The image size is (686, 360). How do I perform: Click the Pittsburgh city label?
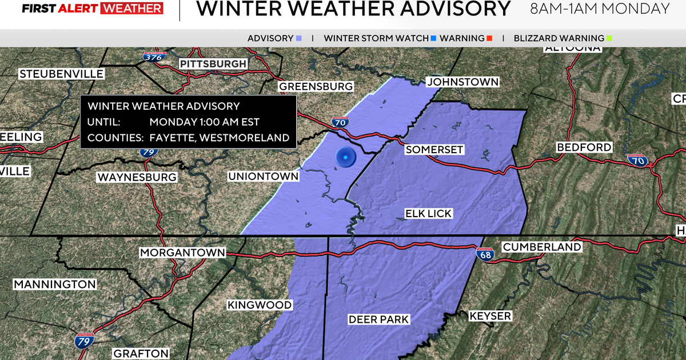pyautogui.click(x=213, y=63)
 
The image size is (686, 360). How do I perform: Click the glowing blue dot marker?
pyautogui.click(x=345, y=157)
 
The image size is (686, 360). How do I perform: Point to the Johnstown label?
pyautogui.click(x=462, y=82)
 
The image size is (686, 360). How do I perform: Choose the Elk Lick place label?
pyautogui.click(x=428, y=214)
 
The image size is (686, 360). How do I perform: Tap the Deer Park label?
pyautogui.click(x=378, y=319)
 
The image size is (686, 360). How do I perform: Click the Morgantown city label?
pyautogui.click(x=182, y=253)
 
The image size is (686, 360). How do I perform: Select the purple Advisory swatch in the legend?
pyautogui.click(x=298, y=39)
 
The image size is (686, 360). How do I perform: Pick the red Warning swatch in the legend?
pyautogui.click(x=489, y=39)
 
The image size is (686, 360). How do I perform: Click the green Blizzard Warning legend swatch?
pyautogui.click(x=609, y=39)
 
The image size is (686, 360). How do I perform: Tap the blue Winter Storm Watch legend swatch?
pyautogui.click(x=433, y=39)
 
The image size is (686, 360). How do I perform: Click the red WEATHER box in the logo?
pyautogui.click(x=131, y=9)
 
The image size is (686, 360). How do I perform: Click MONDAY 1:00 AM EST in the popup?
pyautogui.click(x=204, y=122)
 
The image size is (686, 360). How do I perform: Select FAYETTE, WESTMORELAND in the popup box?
pyautogui.click(x=219, y=138)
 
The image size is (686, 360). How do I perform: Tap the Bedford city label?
pyautogui.click(x=584, y=147)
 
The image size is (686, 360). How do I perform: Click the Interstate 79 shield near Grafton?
pyautogui.click(x=82, y=341)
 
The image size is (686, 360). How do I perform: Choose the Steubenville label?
pyautogui.click(x=61, y=74)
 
